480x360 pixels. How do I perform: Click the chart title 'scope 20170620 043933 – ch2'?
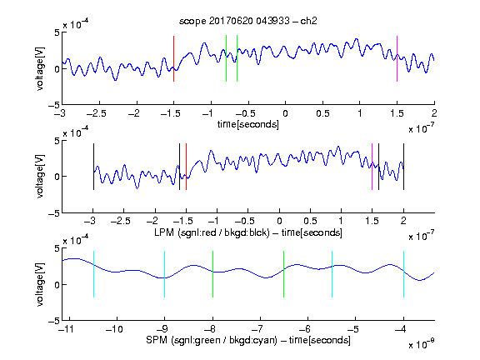(248, 21)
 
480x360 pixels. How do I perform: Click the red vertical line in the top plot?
(173, 59)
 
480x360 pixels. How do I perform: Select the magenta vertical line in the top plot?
(397, 59)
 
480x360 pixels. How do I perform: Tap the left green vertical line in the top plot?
(226, 58)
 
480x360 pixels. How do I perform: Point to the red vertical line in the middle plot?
(186, 167)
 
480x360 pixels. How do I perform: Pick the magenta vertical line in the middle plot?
(372, 167)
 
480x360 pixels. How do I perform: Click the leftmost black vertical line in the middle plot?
(93, 167)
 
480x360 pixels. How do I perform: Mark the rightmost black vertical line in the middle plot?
(403, 167)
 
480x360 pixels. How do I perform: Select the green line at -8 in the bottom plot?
(212, 274)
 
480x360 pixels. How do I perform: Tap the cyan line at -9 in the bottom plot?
(165, 274)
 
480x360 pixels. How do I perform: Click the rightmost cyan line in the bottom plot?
(403, 274)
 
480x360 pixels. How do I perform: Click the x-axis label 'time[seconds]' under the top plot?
(248, 124)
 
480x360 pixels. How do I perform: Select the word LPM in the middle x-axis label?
(164, 232)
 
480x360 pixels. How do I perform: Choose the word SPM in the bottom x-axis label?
(157, 340)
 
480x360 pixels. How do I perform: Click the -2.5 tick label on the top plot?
(96, 113)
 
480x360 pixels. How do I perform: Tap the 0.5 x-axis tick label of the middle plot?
(310, 221)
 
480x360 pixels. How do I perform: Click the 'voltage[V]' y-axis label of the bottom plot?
(40, 285)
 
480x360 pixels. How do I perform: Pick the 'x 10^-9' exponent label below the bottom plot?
(421, 344)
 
